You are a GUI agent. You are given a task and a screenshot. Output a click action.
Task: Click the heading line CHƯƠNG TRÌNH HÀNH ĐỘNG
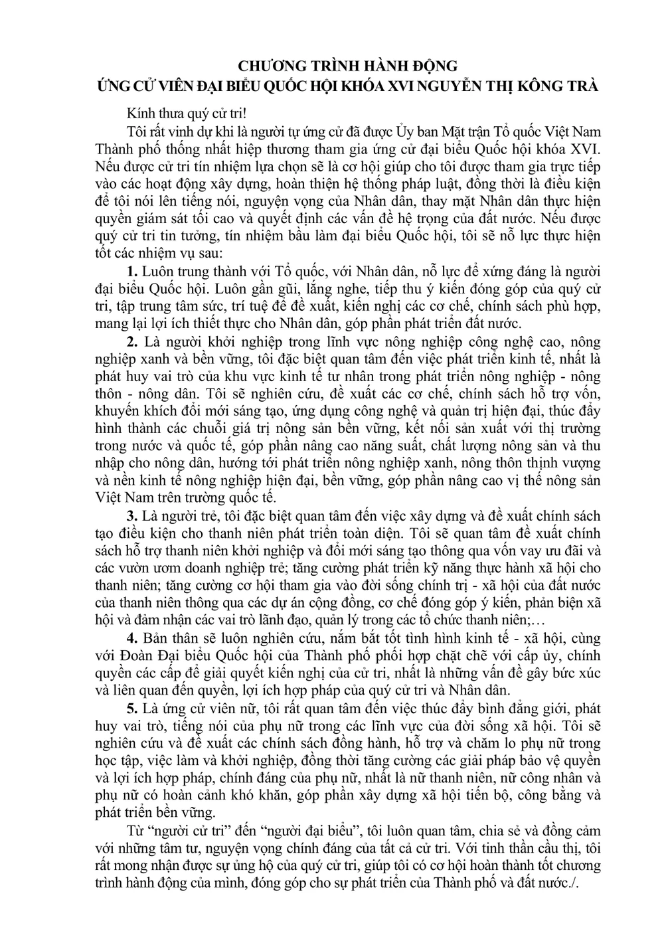click(x=348, y=66)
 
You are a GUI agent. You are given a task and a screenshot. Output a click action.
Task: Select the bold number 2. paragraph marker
click(x=131, y=343)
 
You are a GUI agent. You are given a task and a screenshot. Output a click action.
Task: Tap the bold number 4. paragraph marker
click(x=131, y=638)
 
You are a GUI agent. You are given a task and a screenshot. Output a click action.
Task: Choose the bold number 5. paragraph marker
click(x=131, y=707)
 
